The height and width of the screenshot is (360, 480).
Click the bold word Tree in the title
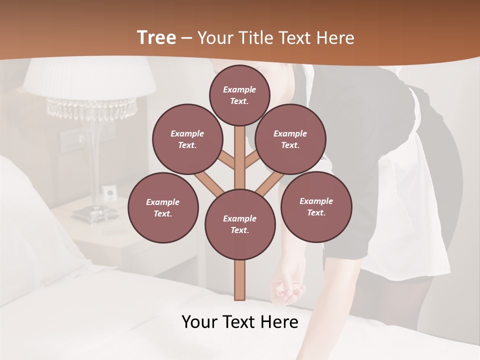(x=156, y=38)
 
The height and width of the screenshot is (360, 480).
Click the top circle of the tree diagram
(x=239, y=95)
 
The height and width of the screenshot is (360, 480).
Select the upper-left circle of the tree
(x=187, y=139)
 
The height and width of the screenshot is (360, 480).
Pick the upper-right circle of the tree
(x=290, y=139)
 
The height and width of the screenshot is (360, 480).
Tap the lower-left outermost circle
(x=163, y=207)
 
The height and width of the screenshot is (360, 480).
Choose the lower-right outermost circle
(x=316, y=206)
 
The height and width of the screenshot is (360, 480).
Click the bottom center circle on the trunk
(x=240, y=224)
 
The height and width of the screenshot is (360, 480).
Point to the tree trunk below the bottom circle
(x=239, y=280)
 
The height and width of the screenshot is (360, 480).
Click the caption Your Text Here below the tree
(x=239, y=322)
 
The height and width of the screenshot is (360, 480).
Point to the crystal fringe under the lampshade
(x=92, y=108)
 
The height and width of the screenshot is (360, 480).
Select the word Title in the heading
(x=256, y=38)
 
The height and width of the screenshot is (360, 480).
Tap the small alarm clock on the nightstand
(x=109, y=191)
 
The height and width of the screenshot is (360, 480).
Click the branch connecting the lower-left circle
(x=205, y=182)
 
